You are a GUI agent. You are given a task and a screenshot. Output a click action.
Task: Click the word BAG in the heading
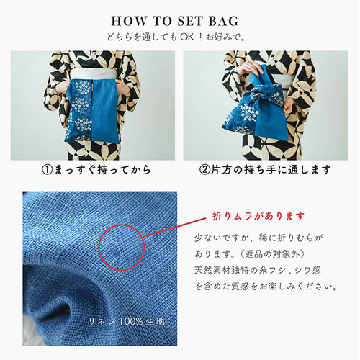(x=223, y=21)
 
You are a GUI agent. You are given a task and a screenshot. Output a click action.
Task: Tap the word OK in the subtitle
(x=187, y=37)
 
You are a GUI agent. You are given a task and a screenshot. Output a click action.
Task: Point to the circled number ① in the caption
(x=47, y=170)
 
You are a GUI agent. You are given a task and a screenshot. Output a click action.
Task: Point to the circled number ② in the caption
(x=204, y=170)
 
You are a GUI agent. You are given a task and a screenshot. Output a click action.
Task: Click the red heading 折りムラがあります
(x=258, y=216)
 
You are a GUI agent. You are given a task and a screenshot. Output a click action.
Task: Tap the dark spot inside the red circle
(x=117, y=252)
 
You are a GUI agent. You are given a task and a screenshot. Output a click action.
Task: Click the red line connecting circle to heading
(x=175, y=228)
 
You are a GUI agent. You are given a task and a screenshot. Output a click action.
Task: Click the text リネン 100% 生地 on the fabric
(x=127, y=321)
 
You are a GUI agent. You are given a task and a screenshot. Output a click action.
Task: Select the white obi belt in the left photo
(x=94, y=74)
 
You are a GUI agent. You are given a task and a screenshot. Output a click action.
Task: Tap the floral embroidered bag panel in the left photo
(x=78, y=111)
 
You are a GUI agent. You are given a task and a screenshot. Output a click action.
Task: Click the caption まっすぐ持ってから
(x=102, y=170)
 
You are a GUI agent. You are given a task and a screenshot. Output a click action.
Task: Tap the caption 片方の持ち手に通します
(x=271, y=170)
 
